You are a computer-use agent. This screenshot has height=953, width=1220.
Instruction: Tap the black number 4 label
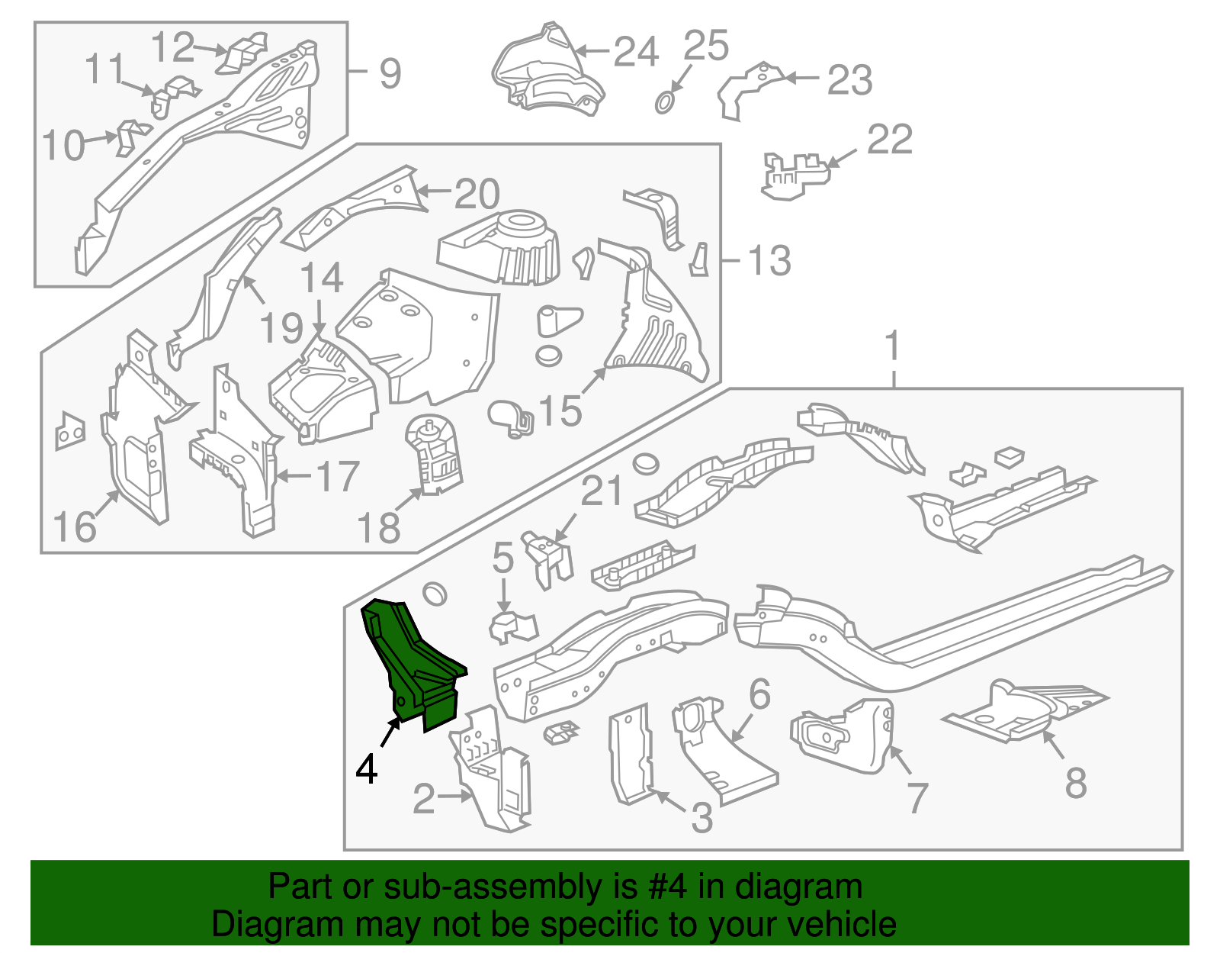coord(367,768)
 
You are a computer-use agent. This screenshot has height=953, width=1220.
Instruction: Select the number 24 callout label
coord(635,52)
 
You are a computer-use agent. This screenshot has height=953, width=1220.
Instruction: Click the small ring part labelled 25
coord(665,102)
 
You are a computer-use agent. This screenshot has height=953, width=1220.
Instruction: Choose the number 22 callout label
coord(889,140)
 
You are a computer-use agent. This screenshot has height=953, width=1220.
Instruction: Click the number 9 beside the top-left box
coord(390,74)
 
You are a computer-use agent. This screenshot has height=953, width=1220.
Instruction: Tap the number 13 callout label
coord(769,261)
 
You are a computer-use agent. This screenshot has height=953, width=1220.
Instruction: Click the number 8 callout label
coord(1075,782)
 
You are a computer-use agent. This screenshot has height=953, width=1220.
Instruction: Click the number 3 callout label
coord(701,817)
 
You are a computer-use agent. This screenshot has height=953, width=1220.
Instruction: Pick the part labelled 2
coord(492,771)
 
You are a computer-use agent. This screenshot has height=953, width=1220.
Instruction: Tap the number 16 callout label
coord(75,527)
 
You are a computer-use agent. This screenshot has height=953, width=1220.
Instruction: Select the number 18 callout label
coord(378,527)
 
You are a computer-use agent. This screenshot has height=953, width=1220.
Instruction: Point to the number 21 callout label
coord(602,492)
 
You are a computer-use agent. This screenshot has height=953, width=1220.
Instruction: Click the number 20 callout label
coord(477,194)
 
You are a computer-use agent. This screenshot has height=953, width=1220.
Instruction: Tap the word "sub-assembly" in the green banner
coord(454,887)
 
